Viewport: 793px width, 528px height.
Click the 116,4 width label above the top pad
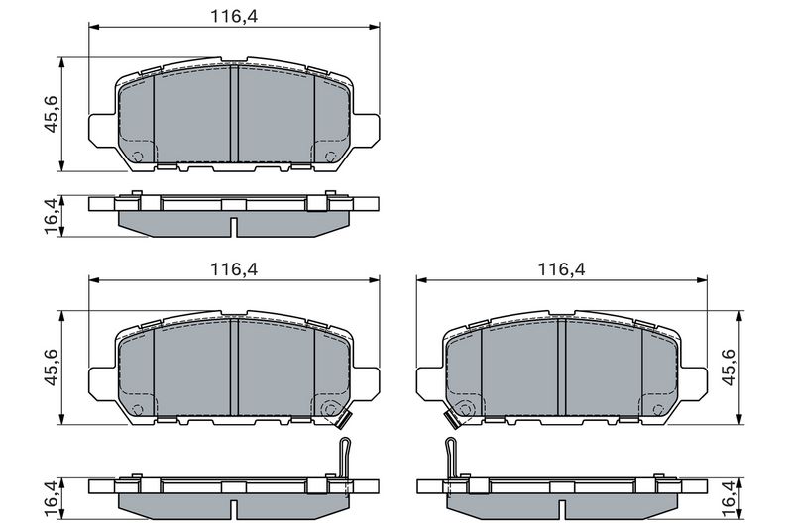pos(234,16)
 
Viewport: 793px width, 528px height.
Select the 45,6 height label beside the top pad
pos(52,114)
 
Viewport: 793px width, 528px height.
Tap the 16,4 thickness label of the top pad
pos(52,216)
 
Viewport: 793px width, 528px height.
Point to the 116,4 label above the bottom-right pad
pos(561,269)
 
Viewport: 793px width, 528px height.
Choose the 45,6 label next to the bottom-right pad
pos(728,368)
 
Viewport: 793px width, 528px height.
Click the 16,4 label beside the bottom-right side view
pos(728,498)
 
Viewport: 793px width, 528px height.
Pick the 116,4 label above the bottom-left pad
pos(234,269)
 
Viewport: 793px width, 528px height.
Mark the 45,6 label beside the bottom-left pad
pos(52,368)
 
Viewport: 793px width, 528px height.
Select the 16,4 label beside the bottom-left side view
pos(52,498)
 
